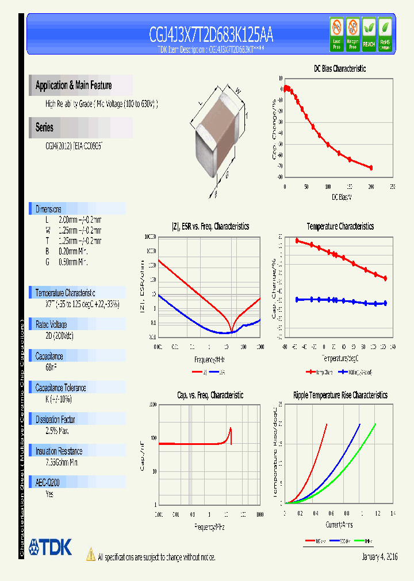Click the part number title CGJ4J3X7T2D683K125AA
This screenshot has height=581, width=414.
pos(210,36)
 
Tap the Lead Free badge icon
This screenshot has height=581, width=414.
pos(336,34)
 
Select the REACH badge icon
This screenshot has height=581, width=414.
pos(369,34)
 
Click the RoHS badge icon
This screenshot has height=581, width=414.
pos(385,34)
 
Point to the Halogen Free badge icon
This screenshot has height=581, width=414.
pos(352,34)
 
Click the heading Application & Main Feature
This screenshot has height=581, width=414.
pos(74,86)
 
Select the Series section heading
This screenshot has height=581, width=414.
pos(44,127)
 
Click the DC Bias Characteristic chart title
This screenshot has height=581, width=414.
pos(340,68)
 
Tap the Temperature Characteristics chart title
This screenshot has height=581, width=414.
pos(340,227)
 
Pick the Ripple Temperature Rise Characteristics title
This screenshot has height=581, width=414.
pos(340,395)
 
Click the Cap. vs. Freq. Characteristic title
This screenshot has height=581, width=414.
pos(210,395)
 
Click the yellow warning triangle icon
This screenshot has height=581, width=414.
pos(91,555)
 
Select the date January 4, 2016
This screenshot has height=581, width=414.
pos(379,557)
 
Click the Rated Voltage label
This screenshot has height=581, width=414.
pos(51,324)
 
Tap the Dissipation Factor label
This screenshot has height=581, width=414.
pos(55,420)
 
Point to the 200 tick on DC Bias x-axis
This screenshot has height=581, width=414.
pos(371,187)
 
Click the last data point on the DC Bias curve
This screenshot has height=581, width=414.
pos(371,168)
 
